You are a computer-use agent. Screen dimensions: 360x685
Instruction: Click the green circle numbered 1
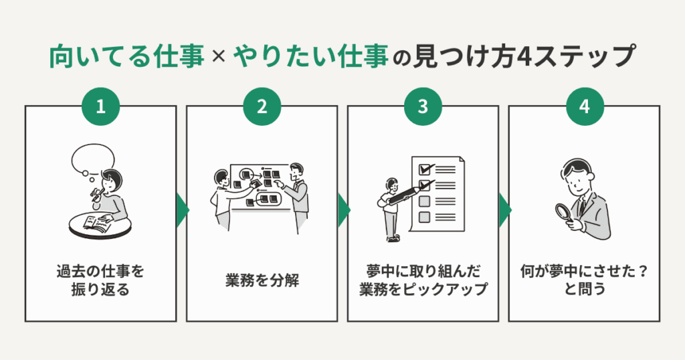(x=101, y=107)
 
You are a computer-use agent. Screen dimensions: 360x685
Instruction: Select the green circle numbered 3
(x=422, y=107)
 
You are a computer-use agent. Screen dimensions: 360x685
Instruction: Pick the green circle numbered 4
(x=584, y=107)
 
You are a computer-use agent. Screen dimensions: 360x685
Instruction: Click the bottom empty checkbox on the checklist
(x=423, y=217)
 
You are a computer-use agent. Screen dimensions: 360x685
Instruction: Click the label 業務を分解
(x=262, y=280)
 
